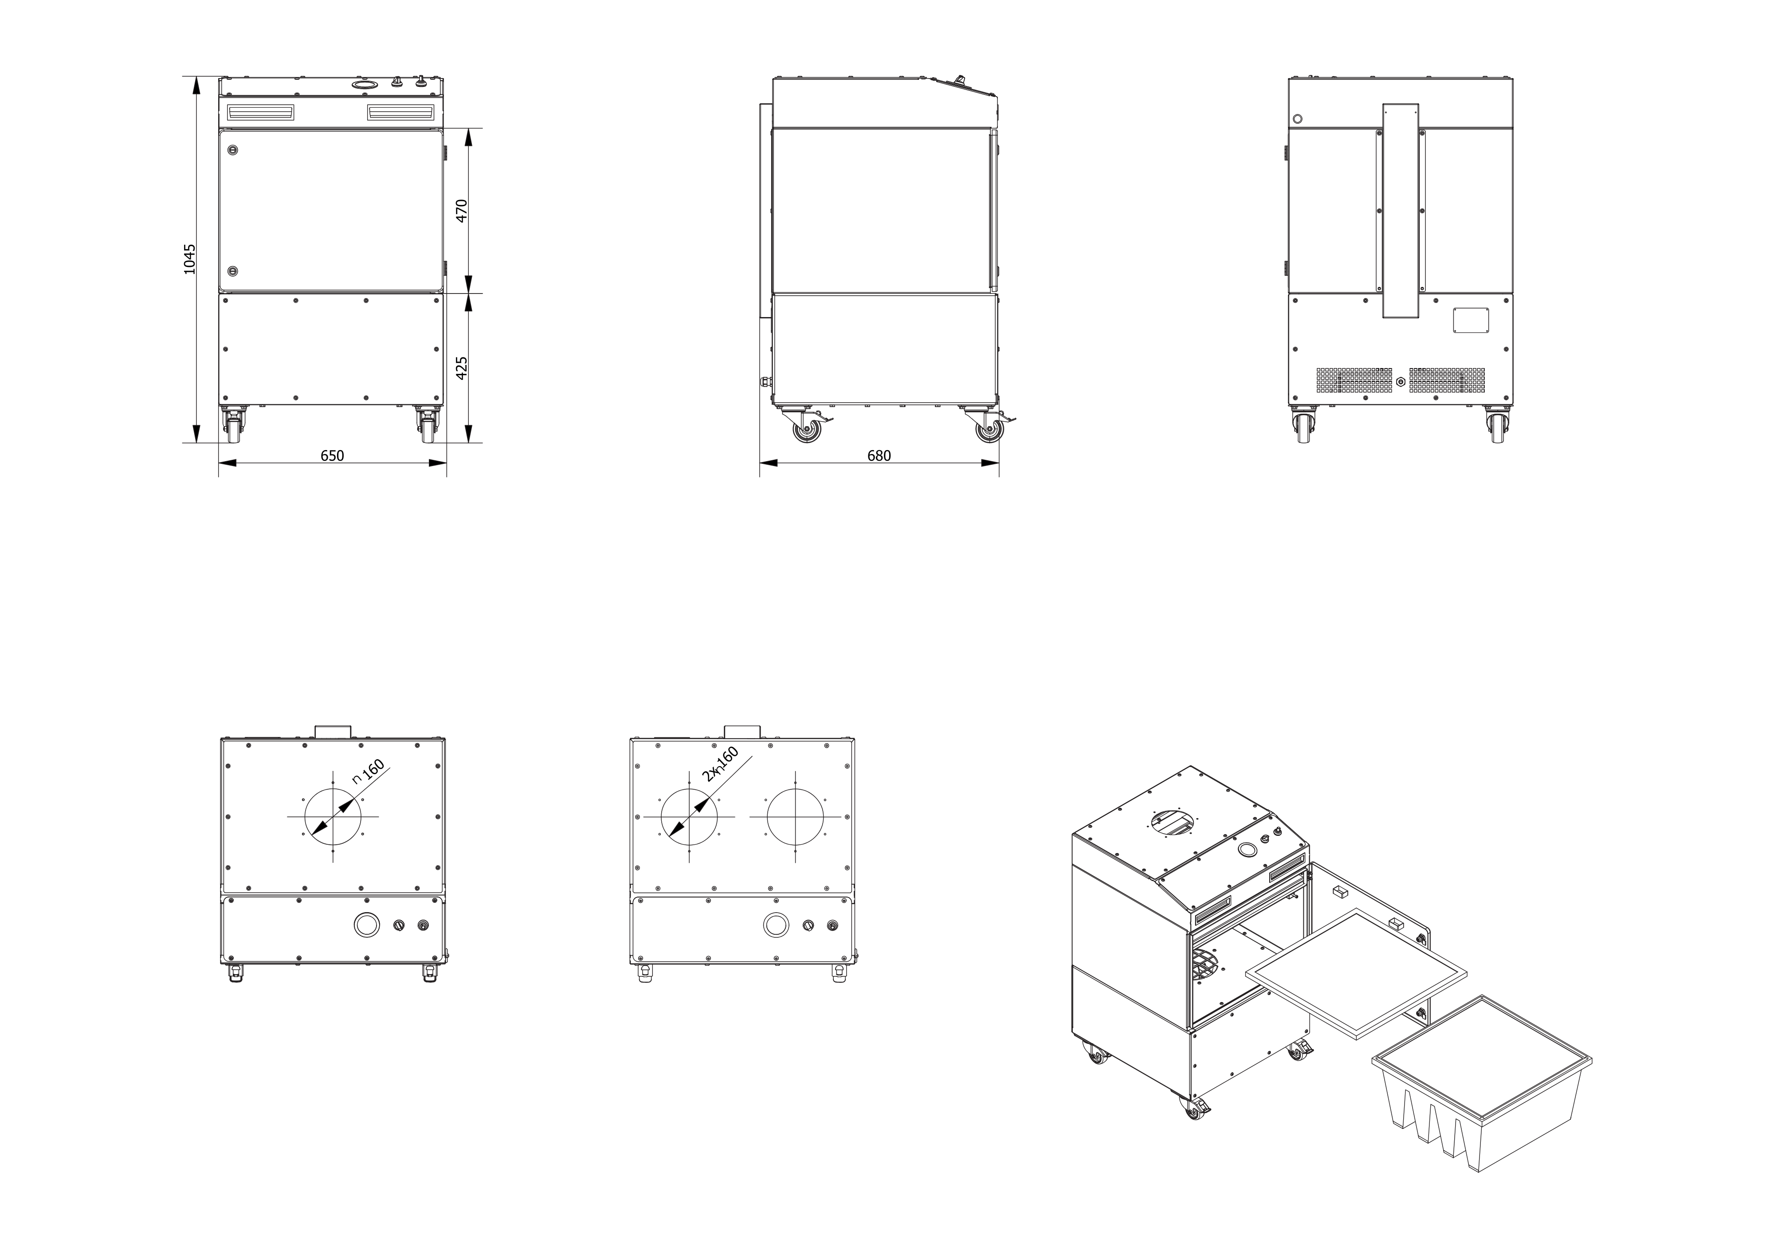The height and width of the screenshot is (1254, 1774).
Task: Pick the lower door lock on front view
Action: [232, 271]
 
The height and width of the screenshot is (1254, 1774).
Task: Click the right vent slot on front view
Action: [400, 113]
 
